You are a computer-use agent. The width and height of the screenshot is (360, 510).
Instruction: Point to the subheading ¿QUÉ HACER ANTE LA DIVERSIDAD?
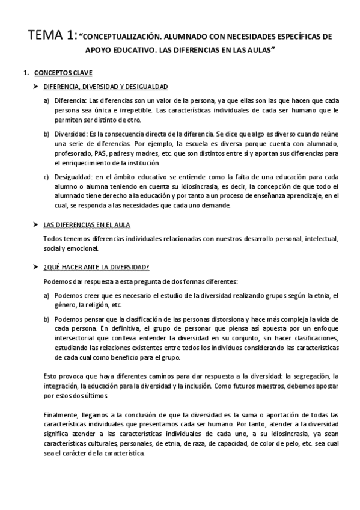[93, 266]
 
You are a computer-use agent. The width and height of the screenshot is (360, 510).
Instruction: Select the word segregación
[308, 375]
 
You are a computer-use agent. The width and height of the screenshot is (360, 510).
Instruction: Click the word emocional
[80, 248]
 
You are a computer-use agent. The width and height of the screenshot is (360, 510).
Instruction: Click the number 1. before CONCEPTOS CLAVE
[25, 73]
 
